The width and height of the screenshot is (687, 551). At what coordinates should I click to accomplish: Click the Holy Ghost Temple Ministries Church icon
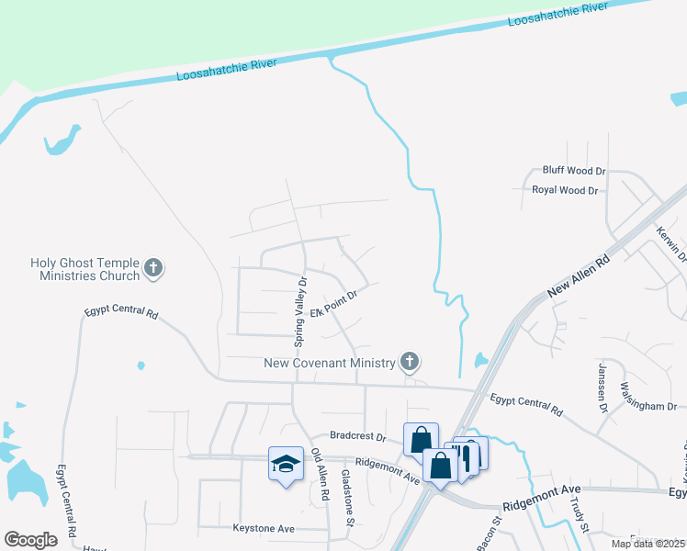coord(153,269)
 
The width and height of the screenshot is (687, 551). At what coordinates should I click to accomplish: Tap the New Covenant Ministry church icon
coord(410,362)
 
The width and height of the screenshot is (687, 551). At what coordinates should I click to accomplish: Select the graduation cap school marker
coord(286,464)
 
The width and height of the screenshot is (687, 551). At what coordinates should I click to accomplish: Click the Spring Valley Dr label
coord(298,310)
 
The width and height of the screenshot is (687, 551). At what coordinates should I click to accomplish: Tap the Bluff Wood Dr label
coord(574,171)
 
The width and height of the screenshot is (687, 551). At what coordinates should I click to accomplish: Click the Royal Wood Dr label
coord(565,190)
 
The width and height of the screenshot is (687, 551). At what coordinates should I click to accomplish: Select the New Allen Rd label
coord(579,276)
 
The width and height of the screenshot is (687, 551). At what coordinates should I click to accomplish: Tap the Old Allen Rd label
coord(320,475)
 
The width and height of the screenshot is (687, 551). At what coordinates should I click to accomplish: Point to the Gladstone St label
coord(347,497)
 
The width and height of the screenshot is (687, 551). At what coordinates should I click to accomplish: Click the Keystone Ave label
coord(263,529)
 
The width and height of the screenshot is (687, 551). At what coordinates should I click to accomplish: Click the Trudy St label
coord(576,508)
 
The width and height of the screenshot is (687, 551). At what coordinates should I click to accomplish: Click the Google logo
coord(30,540)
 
